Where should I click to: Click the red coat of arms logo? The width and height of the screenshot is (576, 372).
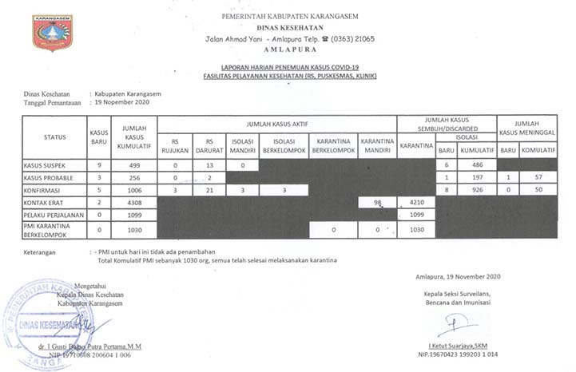click(52, 33)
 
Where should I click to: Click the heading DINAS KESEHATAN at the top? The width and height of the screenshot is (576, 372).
click(289, 26)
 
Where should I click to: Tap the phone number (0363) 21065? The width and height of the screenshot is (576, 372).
click(348, 38)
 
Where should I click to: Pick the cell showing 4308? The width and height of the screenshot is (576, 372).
click(133, 203)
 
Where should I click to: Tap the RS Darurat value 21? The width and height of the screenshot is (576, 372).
click(207, 190)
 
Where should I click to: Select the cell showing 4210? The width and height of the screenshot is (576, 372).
click(416, 203)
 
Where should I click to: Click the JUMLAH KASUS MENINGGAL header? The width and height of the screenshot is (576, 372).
click(527, 127)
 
